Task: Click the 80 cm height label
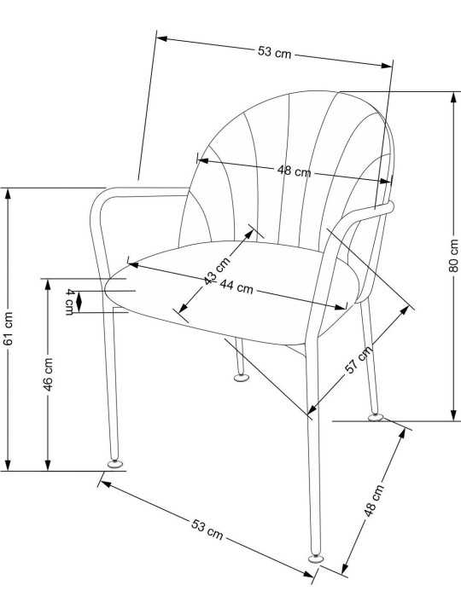coord(453,255)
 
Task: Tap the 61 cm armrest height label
coord(8,328)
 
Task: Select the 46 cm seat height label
coord(48,374)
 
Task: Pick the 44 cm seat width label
coord(236,287)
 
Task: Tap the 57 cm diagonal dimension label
coord(358,360)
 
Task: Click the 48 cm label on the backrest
coord(294,171)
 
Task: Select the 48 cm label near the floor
coord(374,501)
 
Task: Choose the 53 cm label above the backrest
coord(274,52)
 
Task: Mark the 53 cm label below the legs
coord(207,529)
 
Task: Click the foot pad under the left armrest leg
coord(115,464)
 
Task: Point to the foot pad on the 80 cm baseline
coord(376,417)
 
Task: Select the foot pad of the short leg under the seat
coord(241,378)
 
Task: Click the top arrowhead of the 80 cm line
coord(454,97)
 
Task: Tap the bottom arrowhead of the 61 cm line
coord(8,465)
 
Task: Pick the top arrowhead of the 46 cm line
coord(48,285)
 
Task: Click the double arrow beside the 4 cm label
coord(79,302)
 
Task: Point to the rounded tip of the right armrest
coord(389,206)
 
